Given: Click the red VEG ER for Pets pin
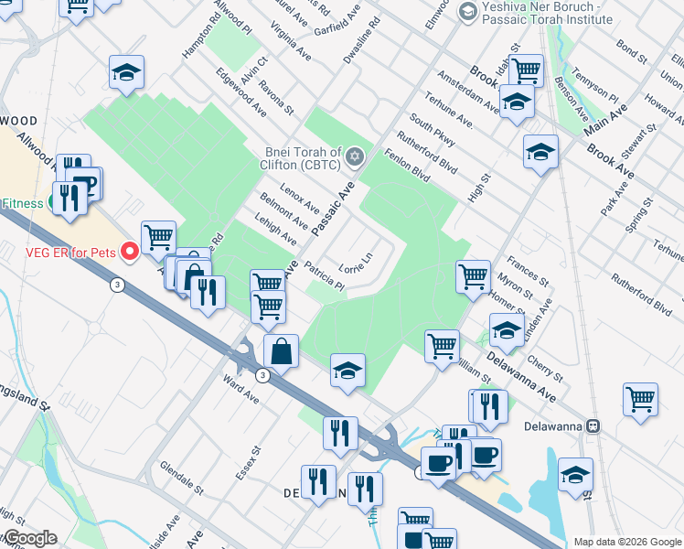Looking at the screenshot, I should click(130, 250).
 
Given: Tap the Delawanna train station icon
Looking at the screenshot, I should click(593, 425).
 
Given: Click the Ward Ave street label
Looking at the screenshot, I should click(242, 388).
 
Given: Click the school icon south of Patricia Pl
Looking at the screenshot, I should click(347, 370).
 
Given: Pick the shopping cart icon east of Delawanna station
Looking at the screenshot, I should click(640, 399).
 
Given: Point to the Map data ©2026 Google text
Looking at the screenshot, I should click(627, 542).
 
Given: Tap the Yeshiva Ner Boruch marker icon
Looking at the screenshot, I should click(468, 12).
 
